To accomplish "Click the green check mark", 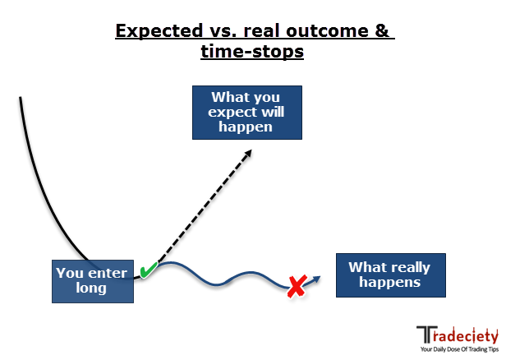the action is tap(149, 270).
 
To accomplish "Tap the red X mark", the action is tap(297, 286).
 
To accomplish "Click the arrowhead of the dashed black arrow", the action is tap(247, 154).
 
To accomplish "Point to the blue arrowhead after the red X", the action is tap(316, 279).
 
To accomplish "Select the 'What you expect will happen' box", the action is tap(247, 113).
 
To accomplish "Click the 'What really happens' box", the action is tap(391, 275).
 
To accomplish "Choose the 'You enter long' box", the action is tap(93, 281).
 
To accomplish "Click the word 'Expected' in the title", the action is tap(159, 31).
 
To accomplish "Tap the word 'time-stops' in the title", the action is tap(252, 52).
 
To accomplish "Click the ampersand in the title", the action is tap(382, 30).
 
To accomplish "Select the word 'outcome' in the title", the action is tap(327, 31).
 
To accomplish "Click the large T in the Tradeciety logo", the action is tap(426, 335).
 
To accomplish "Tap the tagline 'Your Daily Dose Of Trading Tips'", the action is tap(459, 349).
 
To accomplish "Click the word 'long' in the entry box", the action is tap(91, 288).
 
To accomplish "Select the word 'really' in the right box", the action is tap(410, 268).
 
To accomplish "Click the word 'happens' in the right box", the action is tap(390, 283).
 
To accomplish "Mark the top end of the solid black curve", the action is tap(21, 97).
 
